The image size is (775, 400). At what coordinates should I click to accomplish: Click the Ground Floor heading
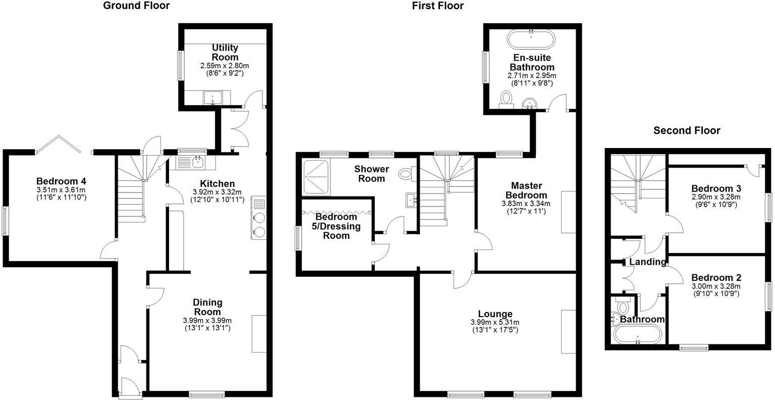point(136,6)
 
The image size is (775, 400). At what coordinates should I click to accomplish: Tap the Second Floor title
point(687,131)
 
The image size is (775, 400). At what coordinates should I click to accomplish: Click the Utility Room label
point(225,52)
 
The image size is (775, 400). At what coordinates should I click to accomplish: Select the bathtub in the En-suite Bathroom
point(531,39)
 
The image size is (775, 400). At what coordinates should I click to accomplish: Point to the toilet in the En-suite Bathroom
point(505,98)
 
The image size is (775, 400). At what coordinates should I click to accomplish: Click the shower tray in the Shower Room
point(316,177)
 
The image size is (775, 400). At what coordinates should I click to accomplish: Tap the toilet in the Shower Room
point(406,175)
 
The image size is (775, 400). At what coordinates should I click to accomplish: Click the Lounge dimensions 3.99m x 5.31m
point(494,322)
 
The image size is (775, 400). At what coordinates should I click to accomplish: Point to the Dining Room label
point(208,307)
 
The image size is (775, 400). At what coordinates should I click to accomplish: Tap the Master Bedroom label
point(529,190)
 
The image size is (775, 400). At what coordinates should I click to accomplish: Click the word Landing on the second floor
point(647,262)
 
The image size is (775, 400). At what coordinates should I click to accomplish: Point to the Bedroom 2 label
point(716,277)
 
